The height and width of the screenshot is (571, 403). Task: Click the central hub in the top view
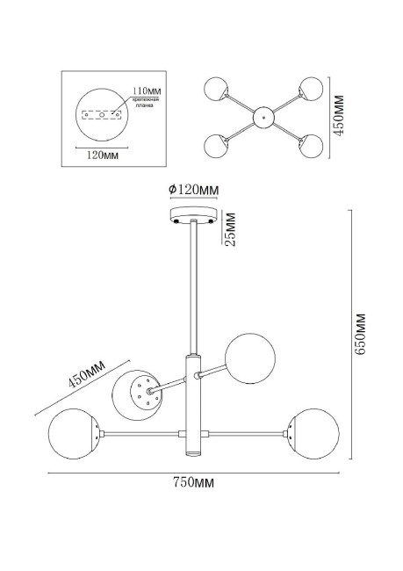click(261, 116)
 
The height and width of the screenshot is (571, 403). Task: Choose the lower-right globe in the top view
click(310, 146)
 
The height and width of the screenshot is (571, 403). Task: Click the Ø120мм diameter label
click(193, 190)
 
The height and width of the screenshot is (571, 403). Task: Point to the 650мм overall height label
click(360, 335)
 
